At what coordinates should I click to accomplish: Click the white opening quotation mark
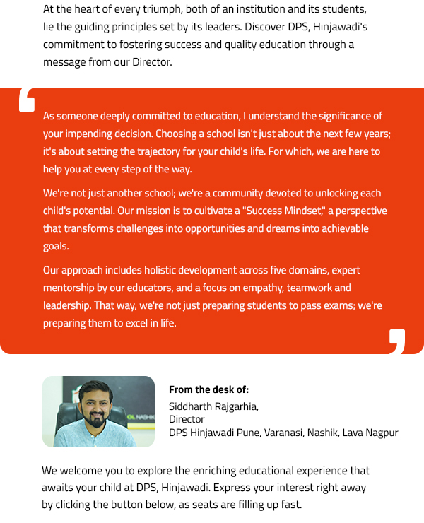coord(27,100)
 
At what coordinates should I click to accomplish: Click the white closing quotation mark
coord(396,341)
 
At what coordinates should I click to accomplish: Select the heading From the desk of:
coord(208,389)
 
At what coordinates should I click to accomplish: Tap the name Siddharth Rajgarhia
coord(213,406)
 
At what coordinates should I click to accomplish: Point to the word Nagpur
coord(382,433)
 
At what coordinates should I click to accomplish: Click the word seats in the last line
coord(238,505)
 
